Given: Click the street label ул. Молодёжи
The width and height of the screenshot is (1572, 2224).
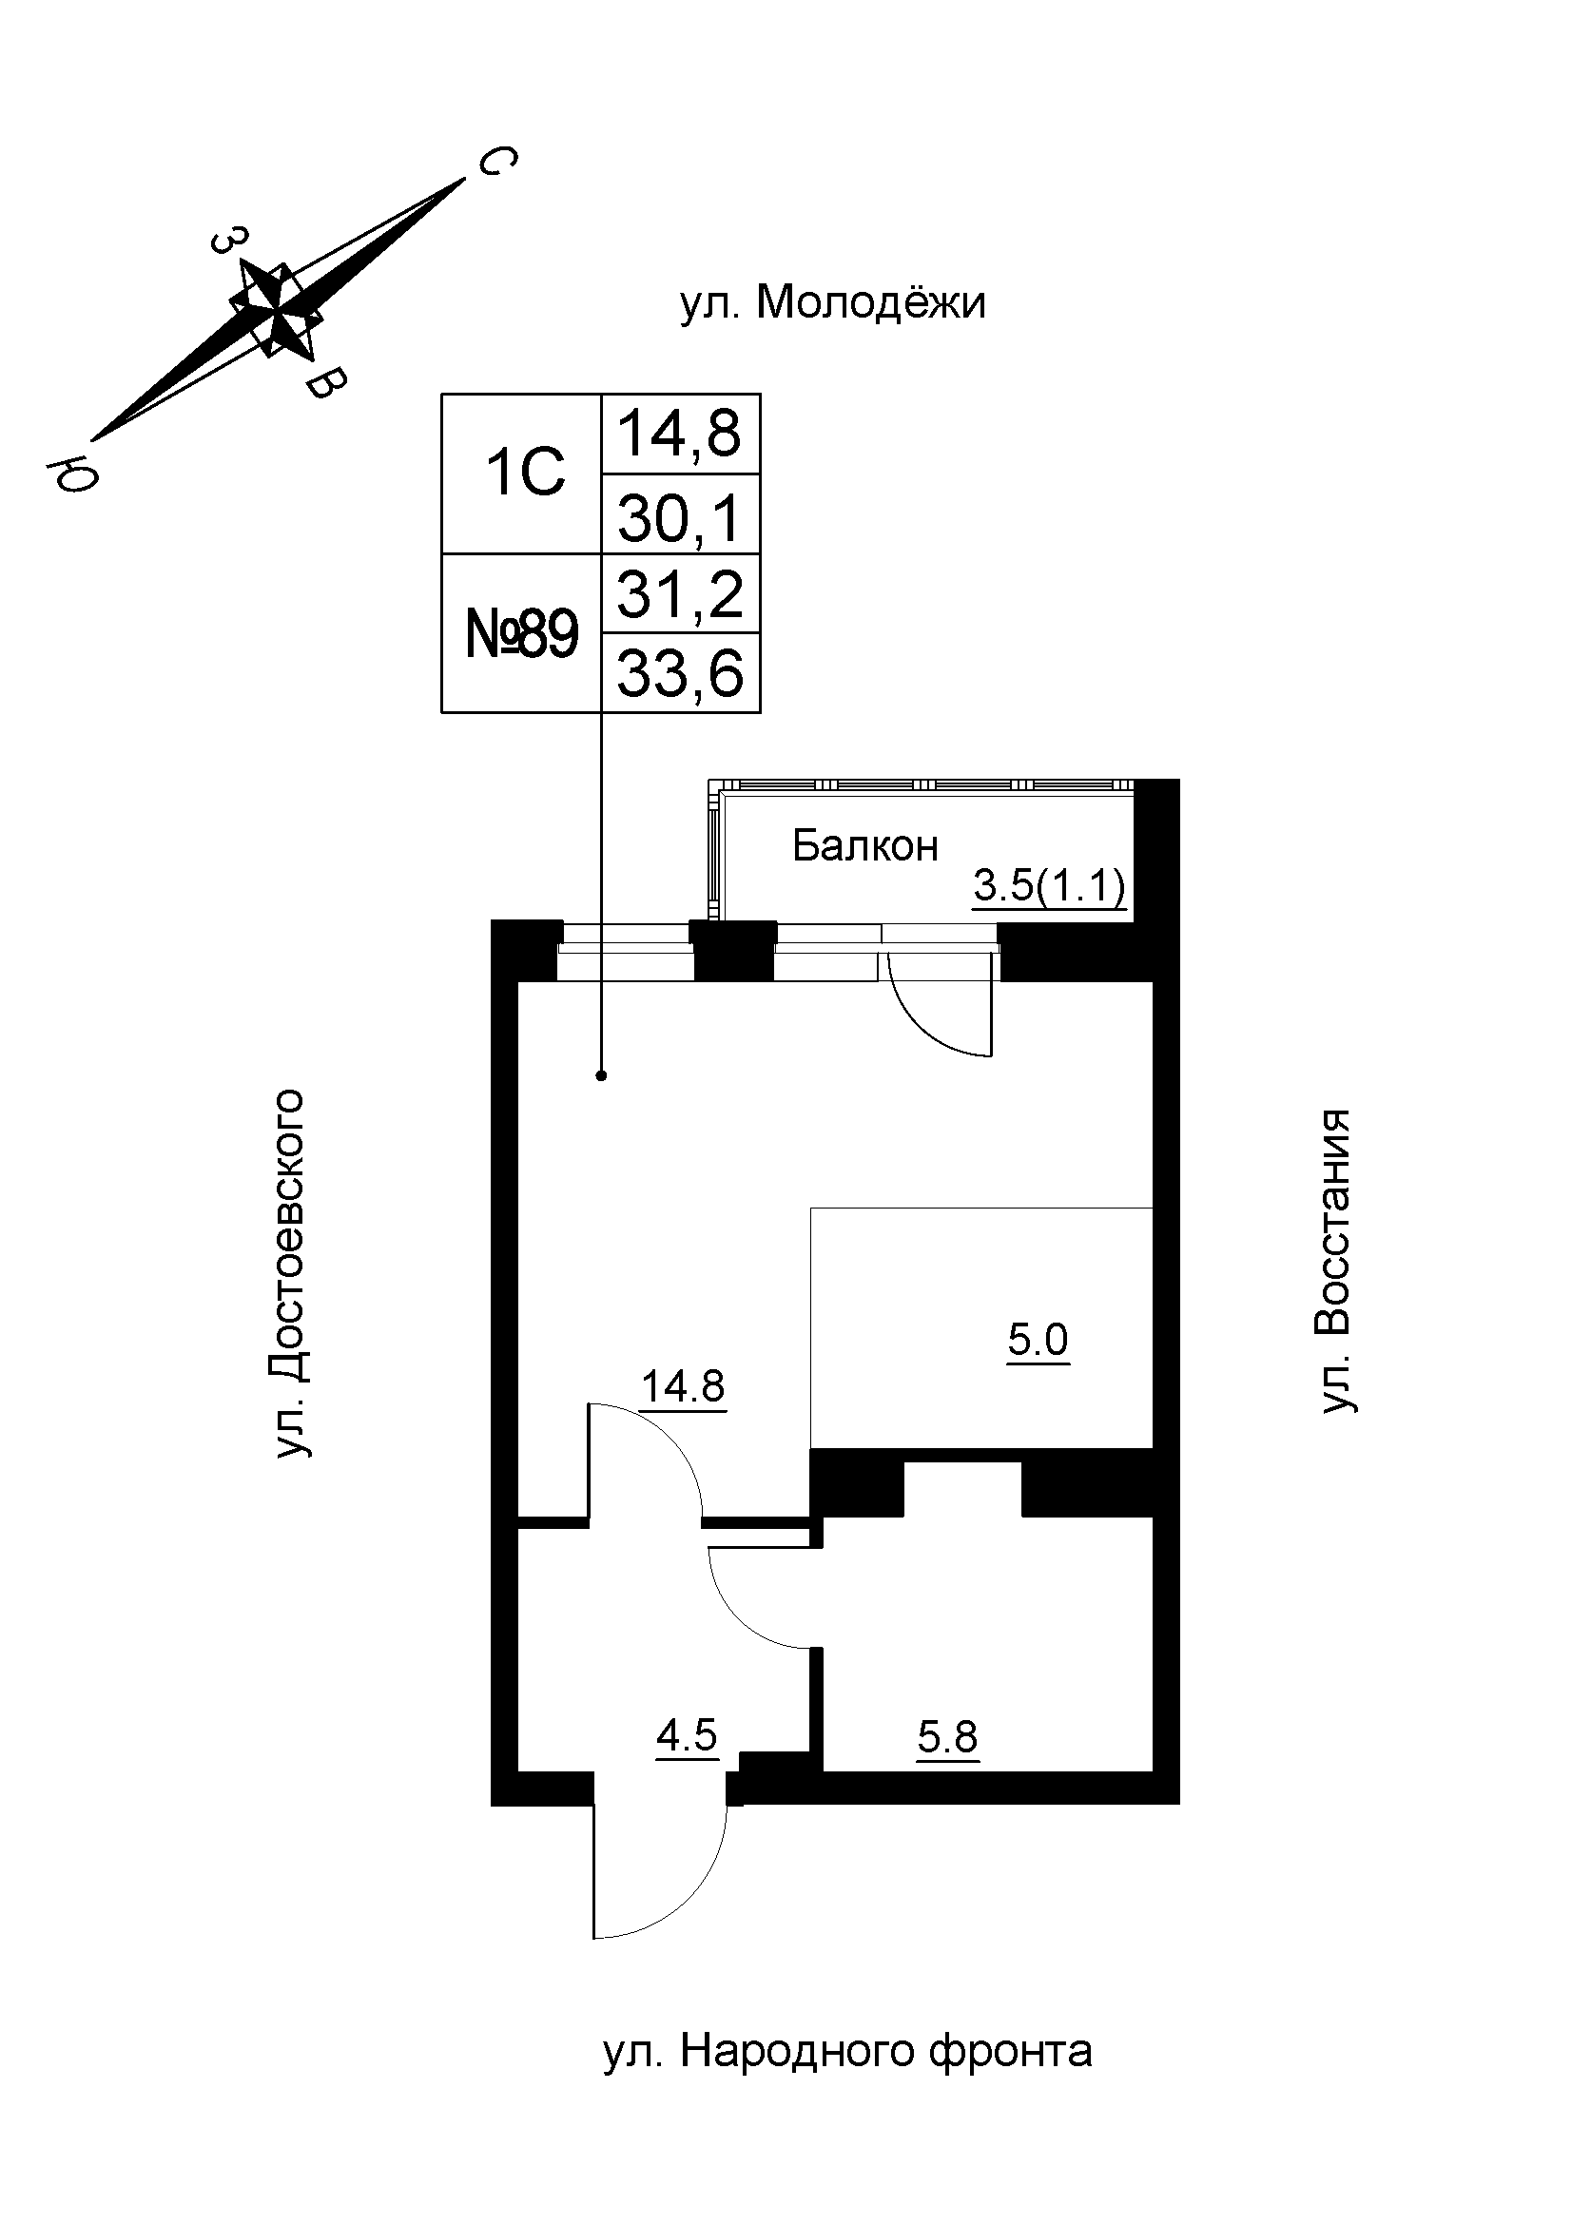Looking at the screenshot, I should coord(833,303).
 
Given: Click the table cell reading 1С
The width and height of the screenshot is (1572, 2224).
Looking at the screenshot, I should coord(524,474).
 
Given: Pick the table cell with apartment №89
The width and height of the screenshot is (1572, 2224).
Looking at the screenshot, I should coord(522,635).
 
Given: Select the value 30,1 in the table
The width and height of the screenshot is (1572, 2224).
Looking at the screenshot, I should coord(680,517).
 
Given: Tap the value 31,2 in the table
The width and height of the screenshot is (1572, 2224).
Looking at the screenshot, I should coord(680,594).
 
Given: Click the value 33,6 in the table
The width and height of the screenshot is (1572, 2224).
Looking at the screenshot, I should coord(680,674).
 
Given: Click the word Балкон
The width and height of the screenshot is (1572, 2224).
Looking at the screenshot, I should coord(865,846).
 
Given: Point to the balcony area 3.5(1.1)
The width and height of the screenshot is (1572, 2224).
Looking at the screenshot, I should coord(1049,886).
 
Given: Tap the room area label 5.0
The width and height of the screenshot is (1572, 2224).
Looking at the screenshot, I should coord(1038,1341).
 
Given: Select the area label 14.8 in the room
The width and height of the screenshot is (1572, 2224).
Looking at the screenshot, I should coord(683,1387).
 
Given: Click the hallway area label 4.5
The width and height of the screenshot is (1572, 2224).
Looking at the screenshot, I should coord(686,1736).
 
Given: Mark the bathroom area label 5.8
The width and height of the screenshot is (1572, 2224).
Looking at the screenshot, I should coord(947,1738).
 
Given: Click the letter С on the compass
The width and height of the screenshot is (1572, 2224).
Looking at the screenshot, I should coord(496,162).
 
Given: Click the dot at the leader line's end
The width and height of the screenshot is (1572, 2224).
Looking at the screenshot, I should coord(601,1075).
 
